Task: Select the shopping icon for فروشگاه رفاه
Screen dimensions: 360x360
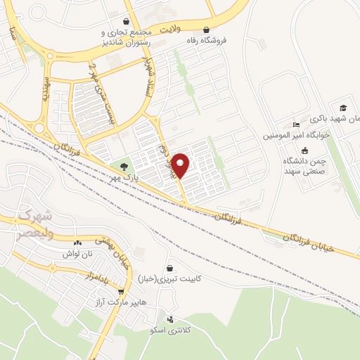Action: [x=206, y=30]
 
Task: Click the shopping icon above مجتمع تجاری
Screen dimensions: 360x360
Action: [x=126, y=21]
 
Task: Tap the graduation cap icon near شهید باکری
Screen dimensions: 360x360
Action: [x=343, y=108]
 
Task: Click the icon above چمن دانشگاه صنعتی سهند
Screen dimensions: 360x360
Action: [x=304, y=151]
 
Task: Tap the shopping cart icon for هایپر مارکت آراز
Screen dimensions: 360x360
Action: [x=122, y=291]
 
